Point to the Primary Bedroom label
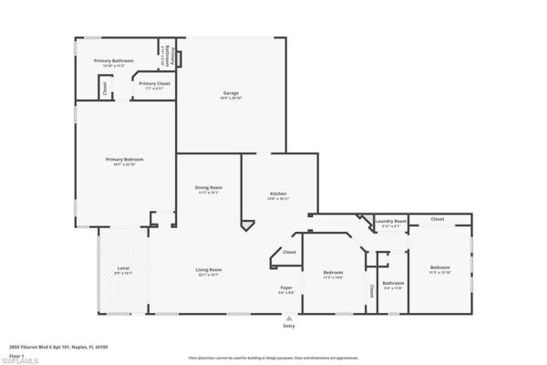tap(124, 161)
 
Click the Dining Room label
tap(209, 189)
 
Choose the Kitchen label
tap(278, 194)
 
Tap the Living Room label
tap(209, 271)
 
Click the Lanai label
tap(123, 270)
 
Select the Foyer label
tap(286, 289)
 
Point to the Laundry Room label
tap(390, 222)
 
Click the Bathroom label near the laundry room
tap(393, 284)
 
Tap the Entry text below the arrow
tap(289, 326)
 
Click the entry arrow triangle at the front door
tap(289, 318)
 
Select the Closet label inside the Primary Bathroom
tap(105, 89)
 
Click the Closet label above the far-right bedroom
tap(438, 219)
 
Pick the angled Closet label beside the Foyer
tap(289, 252)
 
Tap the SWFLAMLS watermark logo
tap(19, 360)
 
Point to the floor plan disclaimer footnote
tap(273, 359)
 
